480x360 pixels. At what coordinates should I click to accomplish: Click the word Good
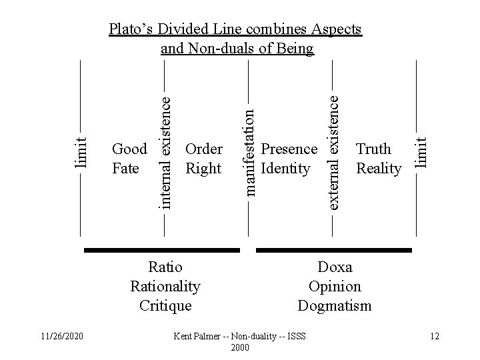(x=130, y=149)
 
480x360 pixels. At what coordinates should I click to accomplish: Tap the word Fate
(x=126, y=169)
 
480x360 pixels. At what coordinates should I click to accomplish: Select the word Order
(x=204, y=149)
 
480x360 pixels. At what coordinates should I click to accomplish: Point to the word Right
(x=203, y=169)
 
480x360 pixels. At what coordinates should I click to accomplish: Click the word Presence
(x=289, y=149)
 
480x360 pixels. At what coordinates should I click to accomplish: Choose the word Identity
(x=286, y=169)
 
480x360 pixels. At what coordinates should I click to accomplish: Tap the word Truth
(x=374, y=149)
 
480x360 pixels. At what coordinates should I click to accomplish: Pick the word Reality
(x=379, y=169)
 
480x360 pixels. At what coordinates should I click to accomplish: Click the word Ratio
(x=165, y=268)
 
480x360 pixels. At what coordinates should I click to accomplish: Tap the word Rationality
(x=165, y=287)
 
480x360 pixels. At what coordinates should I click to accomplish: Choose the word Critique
(x=165, y=306)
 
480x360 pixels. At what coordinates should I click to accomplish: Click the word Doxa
(x=335, y=268)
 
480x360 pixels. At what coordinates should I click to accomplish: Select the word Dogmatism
(x=335, y=306)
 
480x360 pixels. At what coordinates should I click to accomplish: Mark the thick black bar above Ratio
(x=162, y=251)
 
